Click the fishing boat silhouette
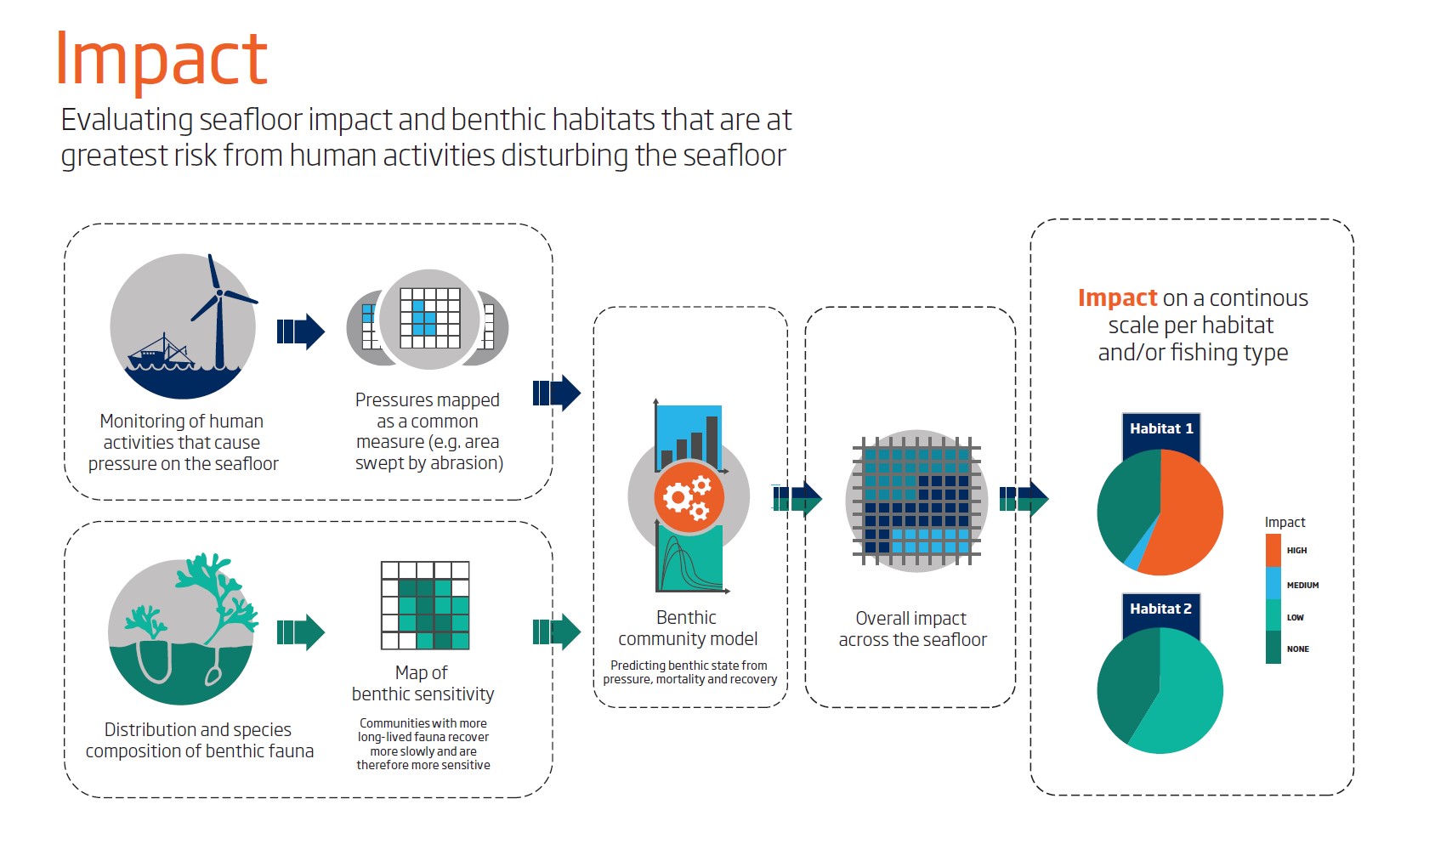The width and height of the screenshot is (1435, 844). pyautogui.click(x=160, y=354)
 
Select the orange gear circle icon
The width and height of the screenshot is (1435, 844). pyautogui.click(x=689, y=497)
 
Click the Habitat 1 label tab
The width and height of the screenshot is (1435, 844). pyautogui.click(x=1160, y=429)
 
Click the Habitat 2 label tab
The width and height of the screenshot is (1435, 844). pyautogui.click(x=1160, y=609)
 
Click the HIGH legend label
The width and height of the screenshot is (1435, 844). pyautogui.click(x=1296, y=550)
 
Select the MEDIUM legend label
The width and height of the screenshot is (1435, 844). pyautogui.click(x=1302, y=585)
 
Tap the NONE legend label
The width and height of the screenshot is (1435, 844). pyautogui.click(x=1298, y=649)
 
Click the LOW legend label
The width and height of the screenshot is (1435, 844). pyautogui.click(x=1295, y=617)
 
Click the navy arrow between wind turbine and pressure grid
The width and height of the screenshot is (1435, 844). pyautogui.click(x=300, y=331)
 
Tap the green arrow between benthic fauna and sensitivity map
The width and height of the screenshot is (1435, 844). pyautogui.click(x=300, y=632)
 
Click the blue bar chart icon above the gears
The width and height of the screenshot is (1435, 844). pyautogui.click(x=689, y=438)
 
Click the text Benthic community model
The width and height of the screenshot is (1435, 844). pyautogui.click(x=688, y=627)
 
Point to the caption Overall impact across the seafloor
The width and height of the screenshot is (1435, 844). pyautogui.click(x=912, y=628)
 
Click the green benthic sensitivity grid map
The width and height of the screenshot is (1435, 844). pyautogui.click(x=425, y=605)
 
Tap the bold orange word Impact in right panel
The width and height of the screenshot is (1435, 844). pyautogui.click(x=1117, y=298)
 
